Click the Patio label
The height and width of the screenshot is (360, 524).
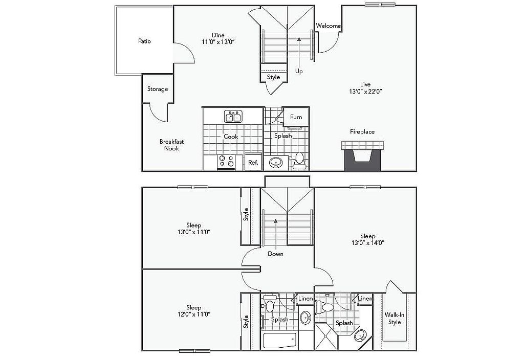144,41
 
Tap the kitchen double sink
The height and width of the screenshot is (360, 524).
233,117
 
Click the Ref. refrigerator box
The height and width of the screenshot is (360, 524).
253,162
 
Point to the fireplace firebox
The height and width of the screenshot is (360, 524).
363,160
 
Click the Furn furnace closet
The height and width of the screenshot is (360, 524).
296,117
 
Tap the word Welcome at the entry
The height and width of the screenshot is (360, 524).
328,26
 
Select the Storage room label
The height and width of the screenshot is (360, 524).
158,89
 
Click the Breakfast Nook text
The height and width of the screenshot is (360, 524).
171,145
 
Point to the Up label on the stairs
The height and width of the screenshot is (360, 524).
299,72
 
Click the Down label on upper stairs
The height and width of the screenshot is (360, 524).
275,254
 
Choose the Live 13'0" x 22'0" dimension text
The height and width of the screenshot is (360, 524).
365,88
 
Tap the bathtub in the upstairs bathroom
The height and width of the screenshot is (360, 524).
279,341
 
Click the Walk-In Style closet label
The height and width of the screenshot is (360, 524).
395,318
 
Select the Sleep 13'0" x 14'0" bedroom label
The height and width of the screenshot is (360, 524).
367,239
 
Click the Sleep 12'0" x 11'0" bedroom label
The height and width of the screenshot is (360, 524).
193,310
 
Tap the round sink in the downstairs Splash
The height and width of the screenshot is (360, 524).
276,163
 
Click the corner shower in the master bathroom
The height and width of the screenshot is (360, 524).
326,336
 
